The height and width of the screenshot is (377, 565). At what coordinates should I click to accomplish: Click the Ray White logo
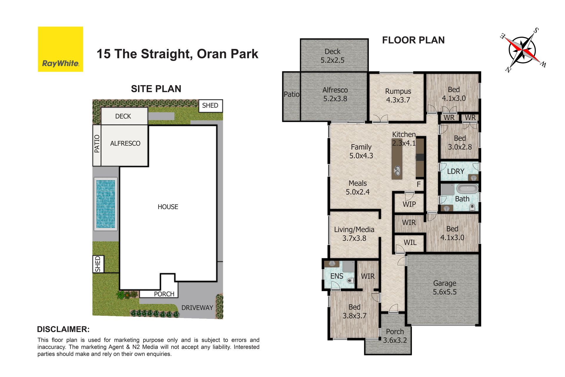click(60, 49)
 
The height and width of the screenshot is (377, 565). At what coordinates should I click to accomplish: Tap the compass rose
click(523, 50)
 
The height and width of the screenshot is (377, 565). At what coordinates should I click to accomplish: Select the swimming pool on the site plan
click(105, 204)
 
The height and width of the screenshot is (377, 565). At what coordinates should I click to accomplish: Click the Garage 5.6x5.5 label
click(445, 287)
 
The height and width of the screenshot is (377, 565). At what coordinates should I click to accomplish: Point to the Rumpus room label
click(398, 95)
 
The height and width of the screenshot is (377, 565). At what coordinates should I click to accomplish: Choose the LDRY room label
click(456, 171)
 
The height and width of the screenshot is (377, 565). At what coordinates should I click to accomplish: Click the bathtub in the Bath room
click(467, 188)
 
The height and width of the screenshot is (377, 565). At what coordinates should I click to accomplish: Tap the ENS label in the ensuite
click(337, 276)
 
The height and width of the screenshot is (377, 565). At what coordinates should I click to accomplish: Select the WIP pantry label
click(409, 204)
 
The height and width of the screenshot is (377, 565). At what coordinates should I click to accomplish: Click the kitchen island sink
click(397, 170)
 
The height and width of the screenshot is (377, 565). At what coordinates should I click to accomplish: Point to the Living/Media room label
click(354, 234)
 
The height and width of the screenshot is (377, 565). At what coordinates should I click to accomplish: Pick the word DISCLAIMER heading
click(63, 329)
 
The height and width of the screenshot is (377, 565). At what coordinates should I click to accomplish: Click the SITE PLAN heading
click(156, 89)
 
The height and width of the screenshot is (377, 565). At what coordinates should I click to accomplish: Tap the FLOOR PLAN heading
click(413, 40)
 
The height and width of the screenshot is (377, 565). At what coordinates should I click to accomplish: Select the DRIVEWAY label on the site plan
click(197, 307)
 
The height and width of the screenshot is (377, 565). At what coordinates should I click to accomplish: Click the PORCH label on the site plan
click(164, 294)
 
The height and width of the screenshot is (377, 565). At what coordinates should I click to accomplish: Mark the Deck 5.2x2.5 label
click(333, 56)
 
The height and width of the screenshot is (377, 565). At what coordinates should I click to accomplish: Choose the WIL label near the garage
click(410, 242)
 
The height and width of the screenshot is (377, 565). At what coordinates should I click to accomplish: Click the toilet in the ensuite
click(350, 280)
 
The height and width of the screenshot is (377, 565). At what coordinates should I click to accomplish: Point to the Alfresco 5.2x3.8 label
click(335, 94)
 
